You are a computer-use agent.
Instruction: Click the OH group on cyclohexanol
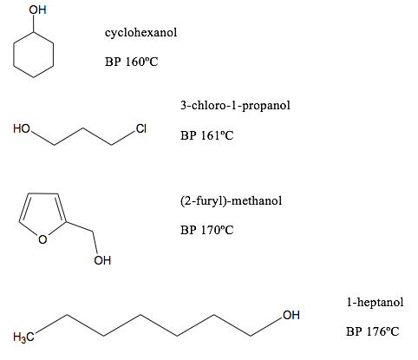click(37, 10)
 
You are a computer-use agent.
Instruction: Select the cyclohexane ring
click(14, 55)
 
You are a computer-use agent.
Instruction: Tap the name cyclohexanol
click(140, 32)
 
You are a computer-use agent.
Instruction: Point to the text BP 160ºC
click(131, 62)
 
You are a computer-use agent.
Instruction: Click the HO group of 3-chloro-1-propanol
click(22, 128)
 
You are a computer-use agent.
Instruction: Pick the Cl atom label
click(141, 128)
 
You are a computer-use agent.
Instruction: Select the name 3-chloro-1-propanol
click(235, 105)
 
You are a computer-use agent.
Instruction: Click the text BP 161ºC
click(206, 135)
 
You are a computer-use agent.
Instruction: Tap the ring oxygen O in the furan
click(42, 239)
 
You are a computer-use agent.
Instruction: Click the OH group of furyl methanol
click(102, 260)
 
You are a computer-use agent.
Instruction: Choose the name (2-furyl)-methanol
click(231, 200)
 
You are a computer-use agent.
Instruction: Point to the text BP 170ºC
click(206, 230)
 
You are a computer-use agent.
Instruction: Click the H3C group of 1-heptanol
click(23, 337)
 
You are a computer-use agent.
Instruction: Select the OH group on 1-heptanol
click(291, 315)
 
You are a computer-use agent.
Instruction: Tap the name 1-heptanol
click(375, 303)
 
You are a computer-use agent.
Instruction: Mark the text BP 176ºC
click(372, 331)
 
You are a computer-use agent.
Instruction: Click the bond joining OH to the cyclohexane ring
click(34, 23)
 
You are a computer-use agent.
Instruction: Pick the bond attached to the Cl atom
click(123, 138)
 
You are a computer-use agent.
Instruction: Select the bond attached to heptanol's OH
click(266, 327)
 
